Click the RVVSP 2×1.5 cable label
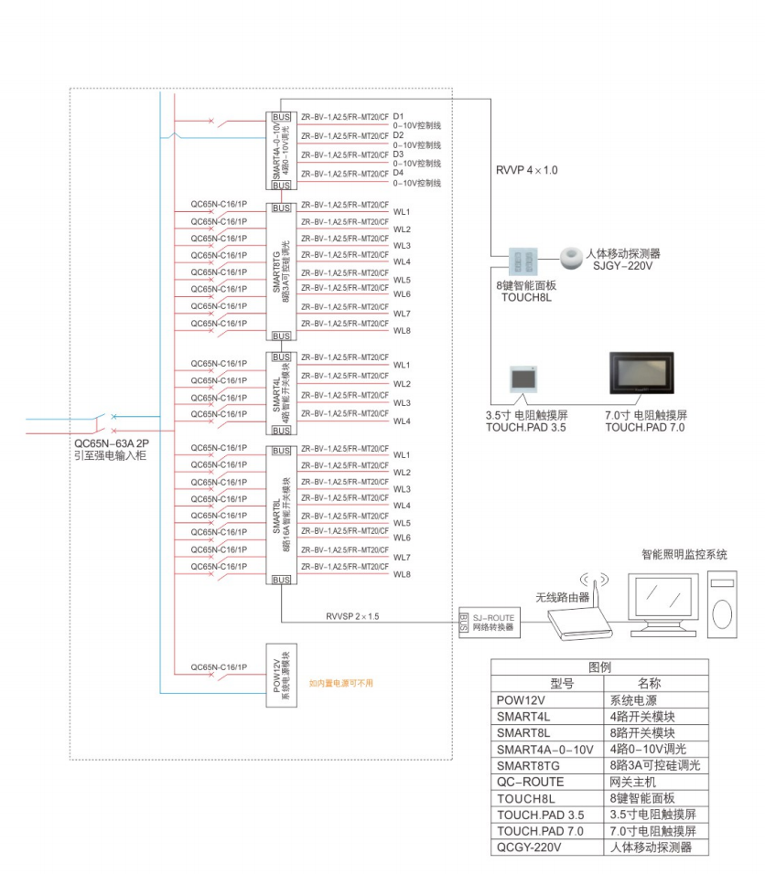[x=354, y=616]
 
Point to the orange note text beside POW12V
[x=340, y=683]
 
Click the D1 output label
[x=399, y=117]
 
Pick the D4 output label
[x=399, y=173]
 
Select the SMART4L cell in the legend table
[x=524, y=716]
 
